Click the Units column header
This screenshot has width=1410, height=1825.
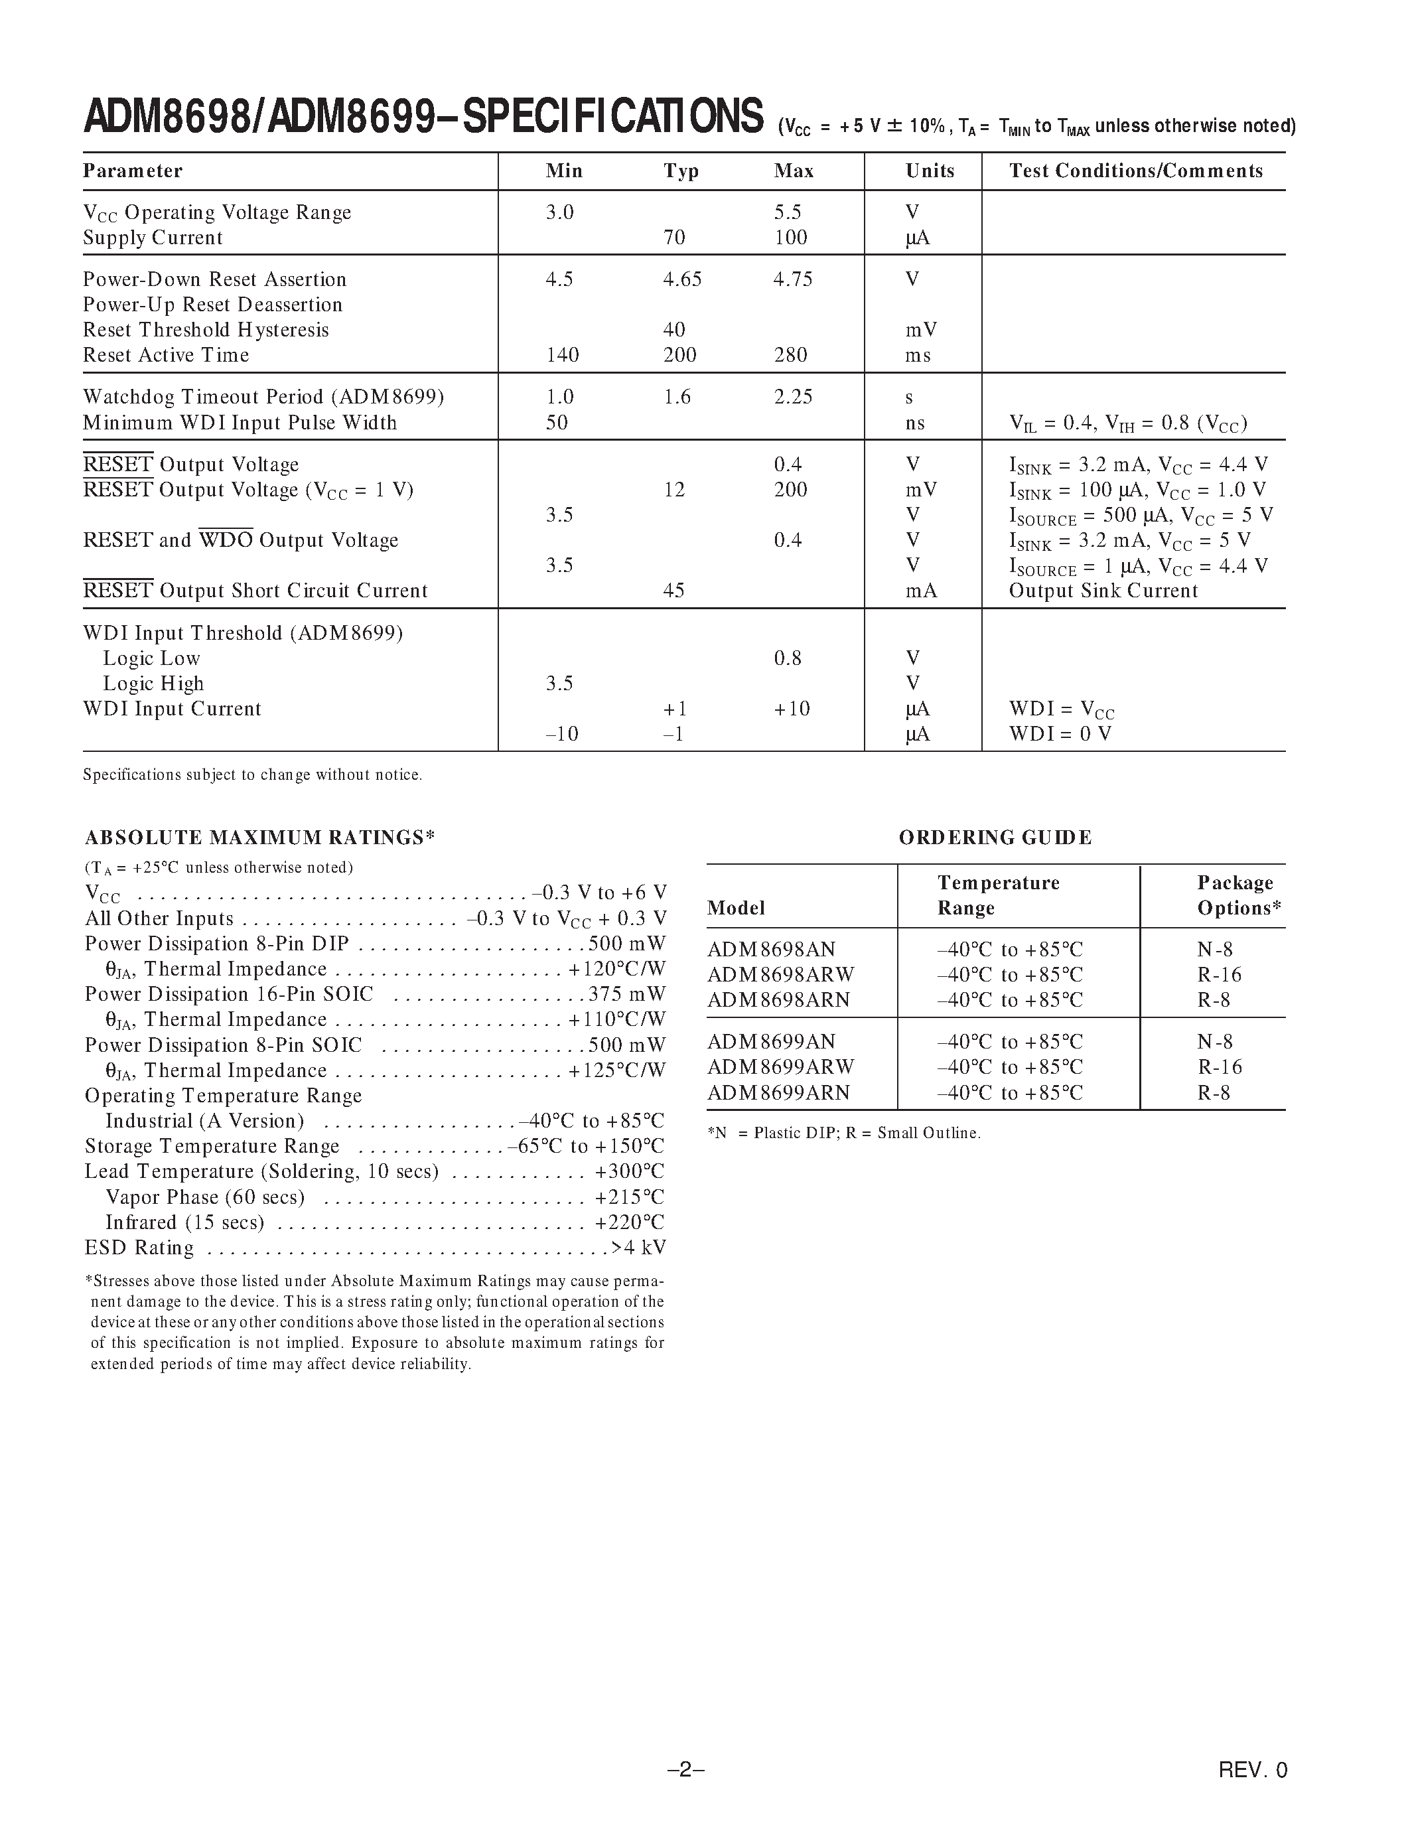pyautogui.click(x=929, y=171)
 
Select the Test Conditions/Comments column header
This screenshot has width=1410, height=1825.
pyautogui.click(x=1135, y=171)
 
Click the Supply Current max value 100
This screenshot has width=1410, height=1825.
pyautogui.click(x=790, y=238)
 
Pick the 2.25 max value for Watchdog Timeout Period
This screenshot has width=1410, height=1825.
pyautogui.click(x=793, y=397)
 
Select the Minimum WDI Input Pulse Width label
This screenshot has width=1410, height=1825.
pyautogui.click(x=239, y=423)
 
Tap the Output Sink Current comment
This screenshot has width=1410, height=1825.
pyautogui.click(x=1103, y=591)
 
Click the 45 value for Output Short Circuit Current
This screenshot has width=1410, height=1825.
pyautogui.click(x=673, y=591)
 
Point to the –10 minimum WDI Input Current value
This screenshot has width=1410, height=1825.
pyautogui.click(x=561, y=734)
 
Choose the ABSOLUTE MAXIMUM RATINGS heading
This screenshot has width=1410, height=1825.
pyautogui.click(x=260, y=838)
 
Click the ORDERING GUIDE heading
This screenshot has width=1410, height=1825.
pyautogui.click(x=995, y=838)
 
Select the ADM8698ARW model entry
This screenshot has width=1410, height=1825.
pyautogui.click(x=780, y=975)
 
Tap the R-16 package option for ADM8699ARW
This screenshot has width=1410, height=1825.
pyautogui.click(x=1220, y=1067)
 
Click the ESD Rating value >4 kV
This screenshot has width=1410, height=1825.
pyautogui.click(x=638, y=1248)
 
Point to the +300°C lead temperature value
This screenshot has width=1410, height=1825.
pyautogui.click(x=630, y=1171)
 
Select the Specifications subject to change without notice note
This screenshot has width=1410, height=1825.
pyautogui.click(x=252, y=774)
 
